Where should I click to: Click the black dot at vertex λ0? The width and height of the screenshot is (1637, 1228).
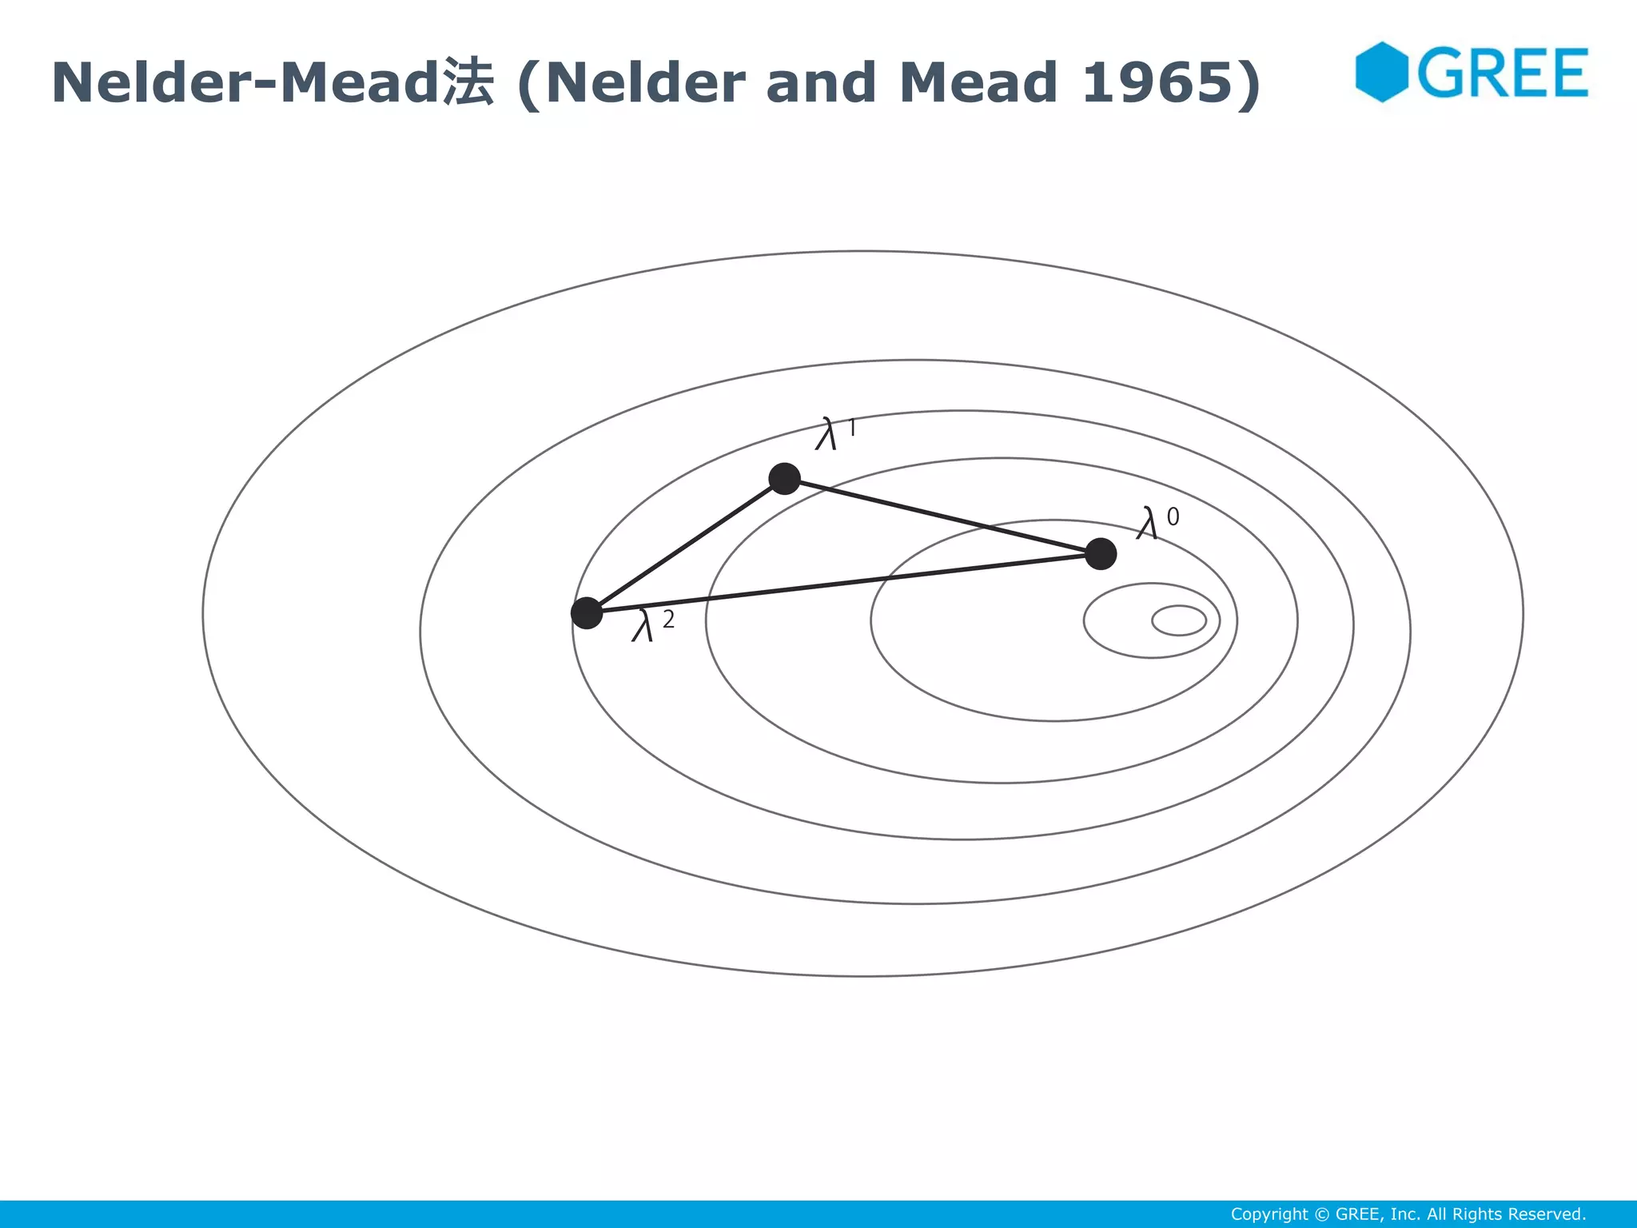pyautogui.click(x=1101, y=554)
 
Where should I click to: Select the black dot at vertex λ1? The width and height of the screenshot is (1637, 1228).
pyautogui.click(x=784, y=478)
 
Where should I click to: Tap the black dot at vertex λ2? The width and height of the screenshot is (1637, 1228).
pyautogui.click(x=587, y=613)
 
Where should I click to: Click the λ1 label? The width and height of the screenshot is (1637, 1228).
pyautogui.click(x=834, y=434)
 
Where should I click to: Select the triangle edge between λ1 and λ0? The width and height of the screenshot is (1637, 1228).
pyautogui.click(x=943, y=516)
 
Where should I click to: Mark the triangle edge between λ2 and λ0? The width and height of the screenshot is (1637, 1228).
pyautogui.click(x=843, y=584)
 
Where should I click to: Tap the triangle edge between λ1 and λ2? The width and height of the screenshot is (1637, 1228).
pyautogui.click(x=686, y=545)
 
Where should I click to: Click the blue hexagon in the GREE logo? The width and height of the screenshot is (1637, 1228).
pyautogui.click(x=1380, y=72)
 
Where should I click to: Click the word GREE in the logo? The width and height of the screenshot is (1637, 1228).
pyautogui.click(x=1503, y=73)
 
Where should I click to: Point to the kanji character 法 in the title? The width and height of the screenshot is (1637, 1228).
pyautogui.click(x=468, y=82)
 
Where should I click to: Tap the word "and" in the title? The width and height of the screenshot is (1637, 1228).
pyautogui.click(x=820, y=82)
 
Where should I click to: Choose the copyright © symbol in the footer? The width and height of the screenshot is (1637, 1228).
pyautogui.click(x=1322, y=1214)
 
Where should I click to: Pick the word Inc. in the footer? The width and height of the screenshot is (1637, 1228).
pyautogui.click(x=1405, y=1214)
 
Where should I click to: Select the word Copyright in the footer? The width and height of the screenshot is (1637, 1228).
pyautogui.click(x=1269, y=1214)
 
